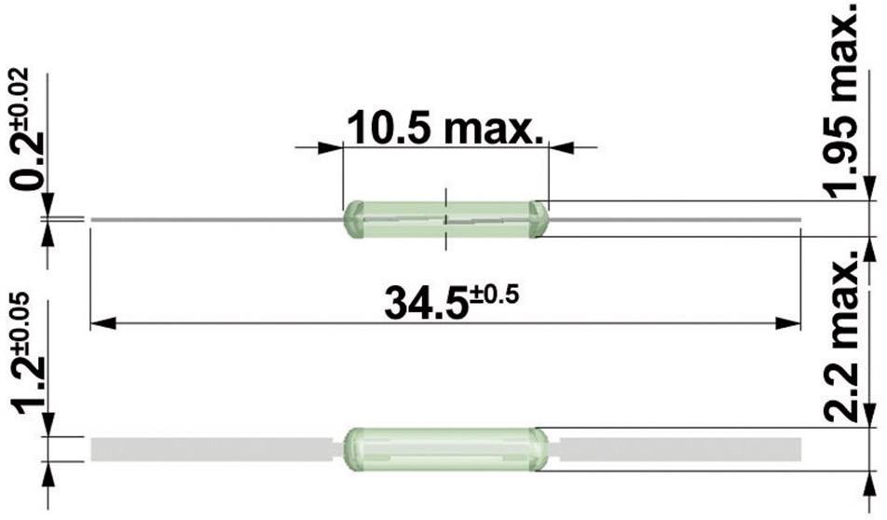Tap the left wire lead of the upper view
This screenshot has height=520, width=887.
click(214, 220)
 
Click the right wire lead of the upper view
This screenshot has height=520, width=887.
click(671, 220)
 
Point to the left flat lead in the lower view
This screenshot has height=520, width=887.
click(210, 449)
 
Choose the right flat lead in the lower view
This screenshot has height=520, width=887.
click(680, 449)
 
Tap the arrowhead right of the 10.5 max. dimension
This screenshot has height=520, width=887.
click(559, 147)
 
